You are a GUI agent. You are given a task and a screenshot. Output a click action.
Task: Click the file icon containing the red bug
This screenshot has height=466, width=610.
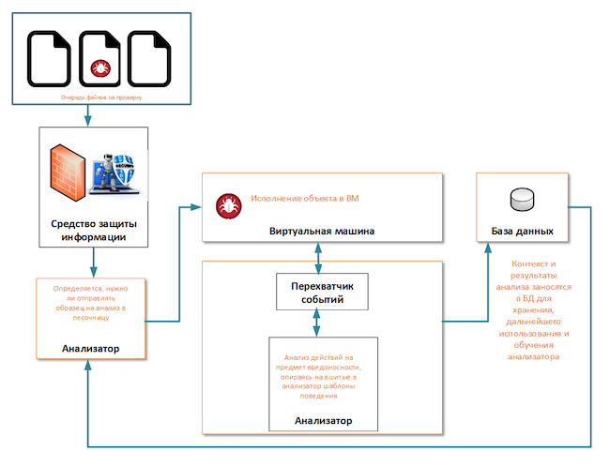99,57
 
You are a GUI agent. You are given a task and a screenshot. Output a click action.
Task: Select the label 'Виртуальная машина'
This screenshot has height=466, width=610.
322,230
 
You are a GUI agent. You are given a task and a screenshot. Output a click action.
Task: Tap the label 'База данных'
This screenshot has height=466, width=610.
522,231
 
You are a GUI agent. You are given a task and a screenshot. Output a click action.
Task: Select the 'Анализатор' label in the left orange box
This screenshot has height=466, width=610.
90,349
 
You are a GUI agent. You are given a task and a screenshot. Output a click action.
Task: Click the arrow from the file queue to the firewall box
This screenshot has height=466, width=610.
87,114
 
